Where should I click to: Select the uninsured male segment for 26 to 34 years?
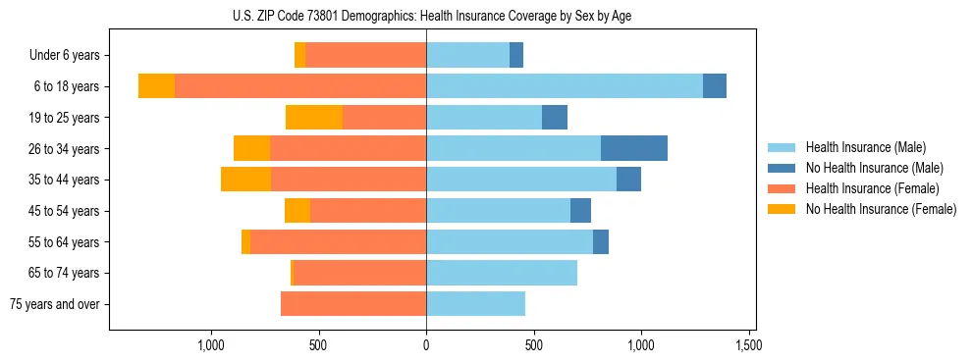[x=634, y=148]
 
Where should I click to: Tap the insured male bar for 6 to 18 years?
[x=565, y=86]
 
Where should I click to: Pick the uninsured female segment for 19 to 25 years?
[x=314, y=118]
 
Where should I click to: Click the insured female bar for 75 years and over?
[x=353, y=304]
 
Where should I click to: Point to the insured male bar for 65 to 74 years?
[x=502, y=273]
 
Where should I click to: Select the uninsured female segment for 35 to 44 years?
[x=245, y=180]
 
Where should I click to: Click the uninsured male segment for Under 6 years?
[x=516, y=55]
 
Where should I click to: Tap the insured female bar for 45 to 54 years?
[x=368, y=211]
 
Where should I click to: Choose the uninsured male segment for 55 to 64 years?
[x=601, y=241]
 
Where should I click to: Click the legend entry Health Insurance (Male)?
[x=866, y=147]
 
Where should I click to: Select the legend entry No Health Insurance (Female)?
[x=881, y=209]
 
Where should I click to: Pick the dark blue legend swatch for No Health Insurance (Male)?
[x=782, y=168]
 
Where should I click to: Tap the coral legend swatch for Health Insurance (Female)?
[x=782, y=188]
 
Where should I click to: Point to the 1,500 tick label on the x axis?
[x=749, y=345]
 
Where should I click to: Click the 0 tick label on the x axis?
[x=426, y=345]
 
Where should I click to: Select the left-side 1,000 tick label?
[x=211, y=345]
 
